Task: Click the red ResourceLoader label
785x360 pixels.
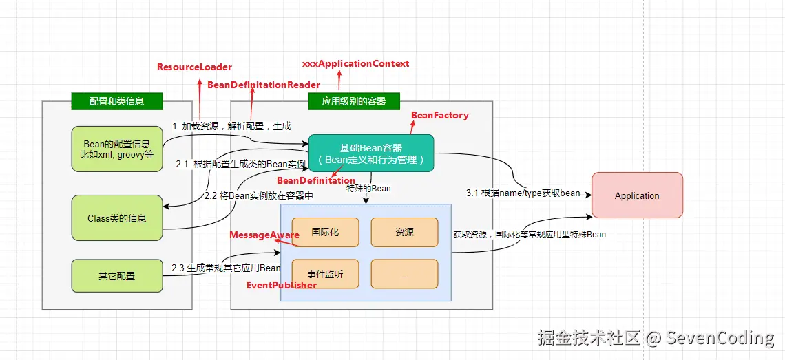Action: [194, 67]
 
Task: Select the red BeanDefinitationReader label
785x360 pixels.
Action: [264, 85]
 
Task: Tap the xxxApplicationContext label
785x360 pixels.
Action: [355, 63]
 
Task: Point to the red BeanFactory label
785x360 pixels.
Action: [439, 115]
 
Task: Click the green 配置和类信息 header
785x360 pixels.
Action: [116, 101]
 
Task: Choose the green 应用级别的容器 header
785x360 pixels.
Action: [354, 101]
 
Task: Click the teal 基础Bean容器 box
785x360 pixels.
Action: [370, 153]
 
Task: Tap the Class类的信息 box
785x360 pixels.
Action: [117, 218]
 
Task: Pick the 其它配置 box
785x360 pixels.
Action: [117, 275]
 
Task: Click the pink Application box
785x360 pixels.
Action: [637, 195]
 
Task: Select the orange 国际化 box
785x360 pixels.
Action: [325, 233]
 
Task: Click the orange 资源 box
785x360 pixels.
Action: [404, 233]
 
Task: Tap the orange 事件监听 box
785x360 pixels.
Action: [325, 274]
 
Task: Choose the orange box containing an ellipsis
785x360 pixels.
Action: [404, 274]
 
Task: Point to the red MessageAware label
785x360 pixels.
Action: [264, 235]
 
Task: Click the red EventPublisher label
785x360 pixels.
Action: [282, 284]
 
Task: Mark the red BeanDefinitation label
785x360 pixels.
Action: [316, 180]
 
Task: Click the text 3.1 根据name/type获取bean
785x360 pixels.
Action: [523, 193]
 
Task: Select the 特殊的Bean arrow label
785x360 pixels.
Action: [368, 188]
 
